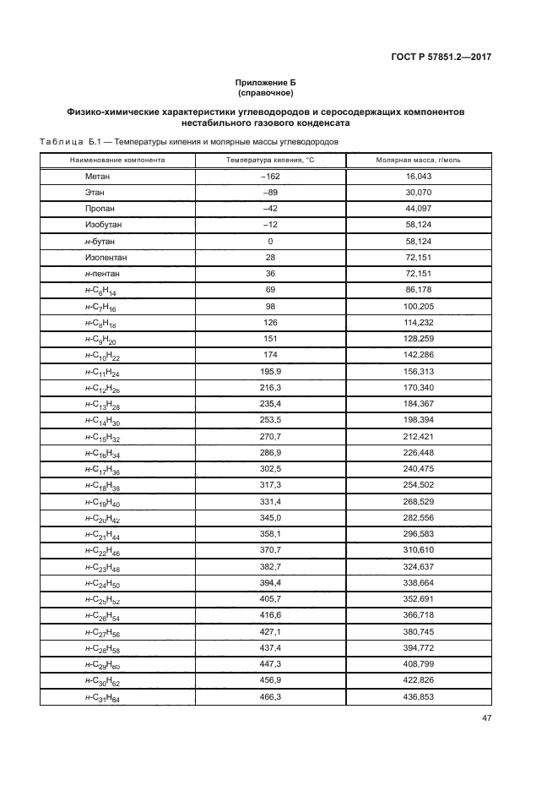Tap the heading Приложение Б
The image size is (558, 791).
coord(266,82)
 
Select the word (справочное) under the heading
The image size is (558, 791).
coord(266,93)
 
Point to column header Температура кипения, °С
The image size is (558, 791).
coord(270,159)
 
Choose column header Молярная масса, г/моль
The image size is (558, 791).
coord(418,159)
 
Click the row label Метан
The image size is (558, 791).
coord(98,177)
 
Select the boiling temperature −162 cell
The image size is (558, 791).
coord(270,177)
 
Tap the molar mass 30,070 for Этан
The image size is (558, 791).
coord(418,193)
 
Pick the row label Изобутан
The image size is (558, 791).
coord(104,225)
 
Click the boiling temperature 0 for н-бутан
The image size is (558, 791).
coord(270,242)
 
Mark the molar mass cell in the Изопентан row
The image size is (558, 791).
coord(418,258)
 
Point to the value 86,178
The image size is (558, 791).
coord(418,290)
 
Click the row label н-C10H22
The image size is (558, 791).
coord(103,356)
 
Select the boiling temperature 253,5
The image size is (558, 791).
coord(270,421)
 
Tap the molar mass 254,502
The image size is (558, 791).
coord(418,486)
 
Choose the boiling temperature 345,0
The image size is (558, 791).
coord(270,518)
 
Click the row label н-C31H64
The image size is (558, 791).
coord(103,697)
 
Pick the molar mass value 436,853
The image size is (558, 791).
coord(418,697)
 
